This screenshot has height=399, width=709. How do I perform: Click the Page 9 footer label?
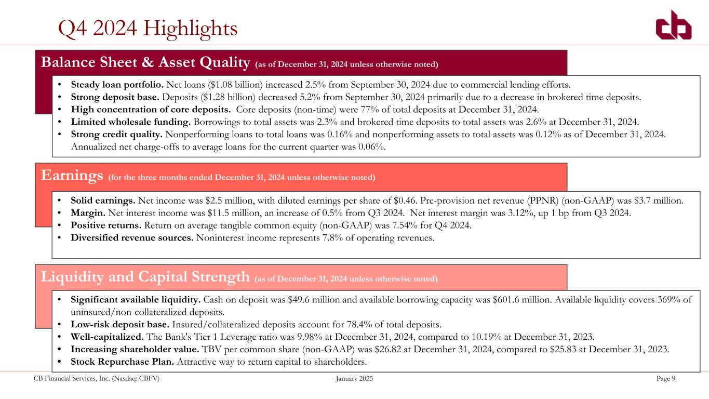pyautogui.click(x=666, y=379)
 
